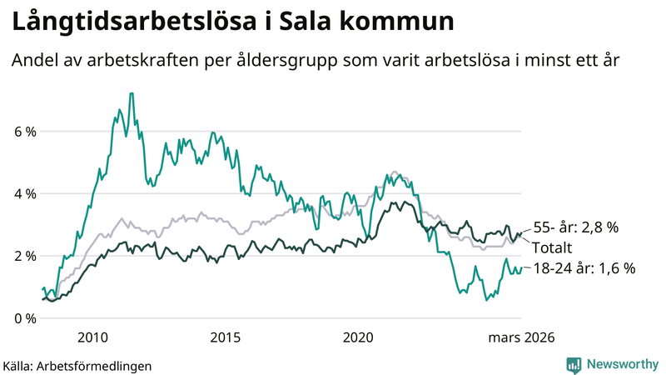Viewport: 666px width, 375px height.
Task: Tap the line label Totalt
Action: point(553,247)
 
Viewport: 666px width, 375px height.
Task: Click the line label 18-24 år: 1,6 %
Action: point(584,268)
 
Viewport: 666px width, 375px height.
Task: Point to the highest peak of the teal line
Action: point(131,93)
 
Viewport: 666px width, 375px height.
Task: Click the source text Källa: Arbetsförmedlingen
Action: point(77,365)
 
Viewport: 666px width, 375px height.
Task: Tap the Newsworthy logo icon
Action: point(574,364)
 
